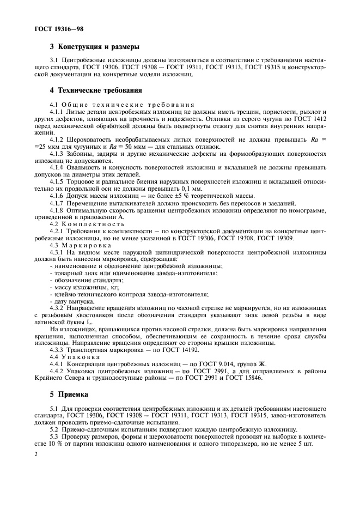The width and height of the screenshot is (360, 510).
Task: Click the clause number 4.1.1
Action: click(57, 111)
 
